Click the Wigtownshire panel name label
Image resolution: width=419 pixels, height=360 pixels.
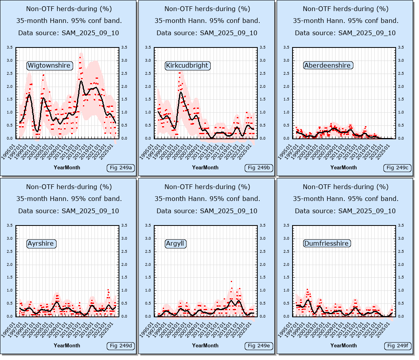tap(49, 65)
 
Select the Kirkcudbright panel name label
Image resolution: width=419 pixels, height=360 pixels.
tap(187, 65)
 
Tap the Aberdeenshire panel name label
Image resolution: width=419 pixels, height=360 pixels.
tap(327, 65)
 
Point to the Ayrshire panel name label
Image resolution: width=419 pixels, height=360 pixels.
tap(41, 243)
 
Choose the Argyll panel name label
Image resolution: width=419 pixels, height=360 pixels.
tap(175, 243)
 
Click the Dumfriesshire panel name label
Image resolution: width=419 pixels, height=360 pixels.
tap(327, 243)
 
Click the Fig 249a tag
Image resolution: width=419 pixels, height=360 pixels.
tap(121, 168)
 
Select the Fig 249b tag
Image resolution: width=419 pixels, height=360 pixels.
tap(259, 168)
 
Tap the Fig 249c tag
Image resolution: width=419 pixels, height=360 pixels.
tap(397, 168)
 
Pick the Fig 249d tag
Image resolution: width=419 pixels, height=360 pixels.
tap(121, 346)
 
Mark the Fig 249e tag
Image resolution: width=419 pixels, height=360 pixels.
tap(259, 346)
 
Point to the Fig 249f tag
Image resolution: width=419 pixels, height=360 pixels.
tap(397, 346)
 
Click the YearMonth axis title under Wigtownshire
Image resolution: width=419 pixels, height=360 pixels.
tap(67, 167)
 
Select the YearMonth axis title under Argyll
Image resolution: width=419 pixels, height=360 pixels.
tap(205, 345)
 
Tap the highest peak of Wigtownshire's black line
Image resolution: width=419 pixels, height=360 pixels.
tap(81, 81)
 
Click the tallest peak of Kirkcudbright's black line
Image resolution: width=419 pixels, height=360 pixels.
tap(181, 92)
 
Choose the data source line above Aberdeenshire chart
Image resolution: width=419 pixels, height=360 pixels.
tap(345, 33)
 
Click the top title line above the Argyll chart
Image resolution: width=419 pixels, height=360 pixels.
tap(207, 186)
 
